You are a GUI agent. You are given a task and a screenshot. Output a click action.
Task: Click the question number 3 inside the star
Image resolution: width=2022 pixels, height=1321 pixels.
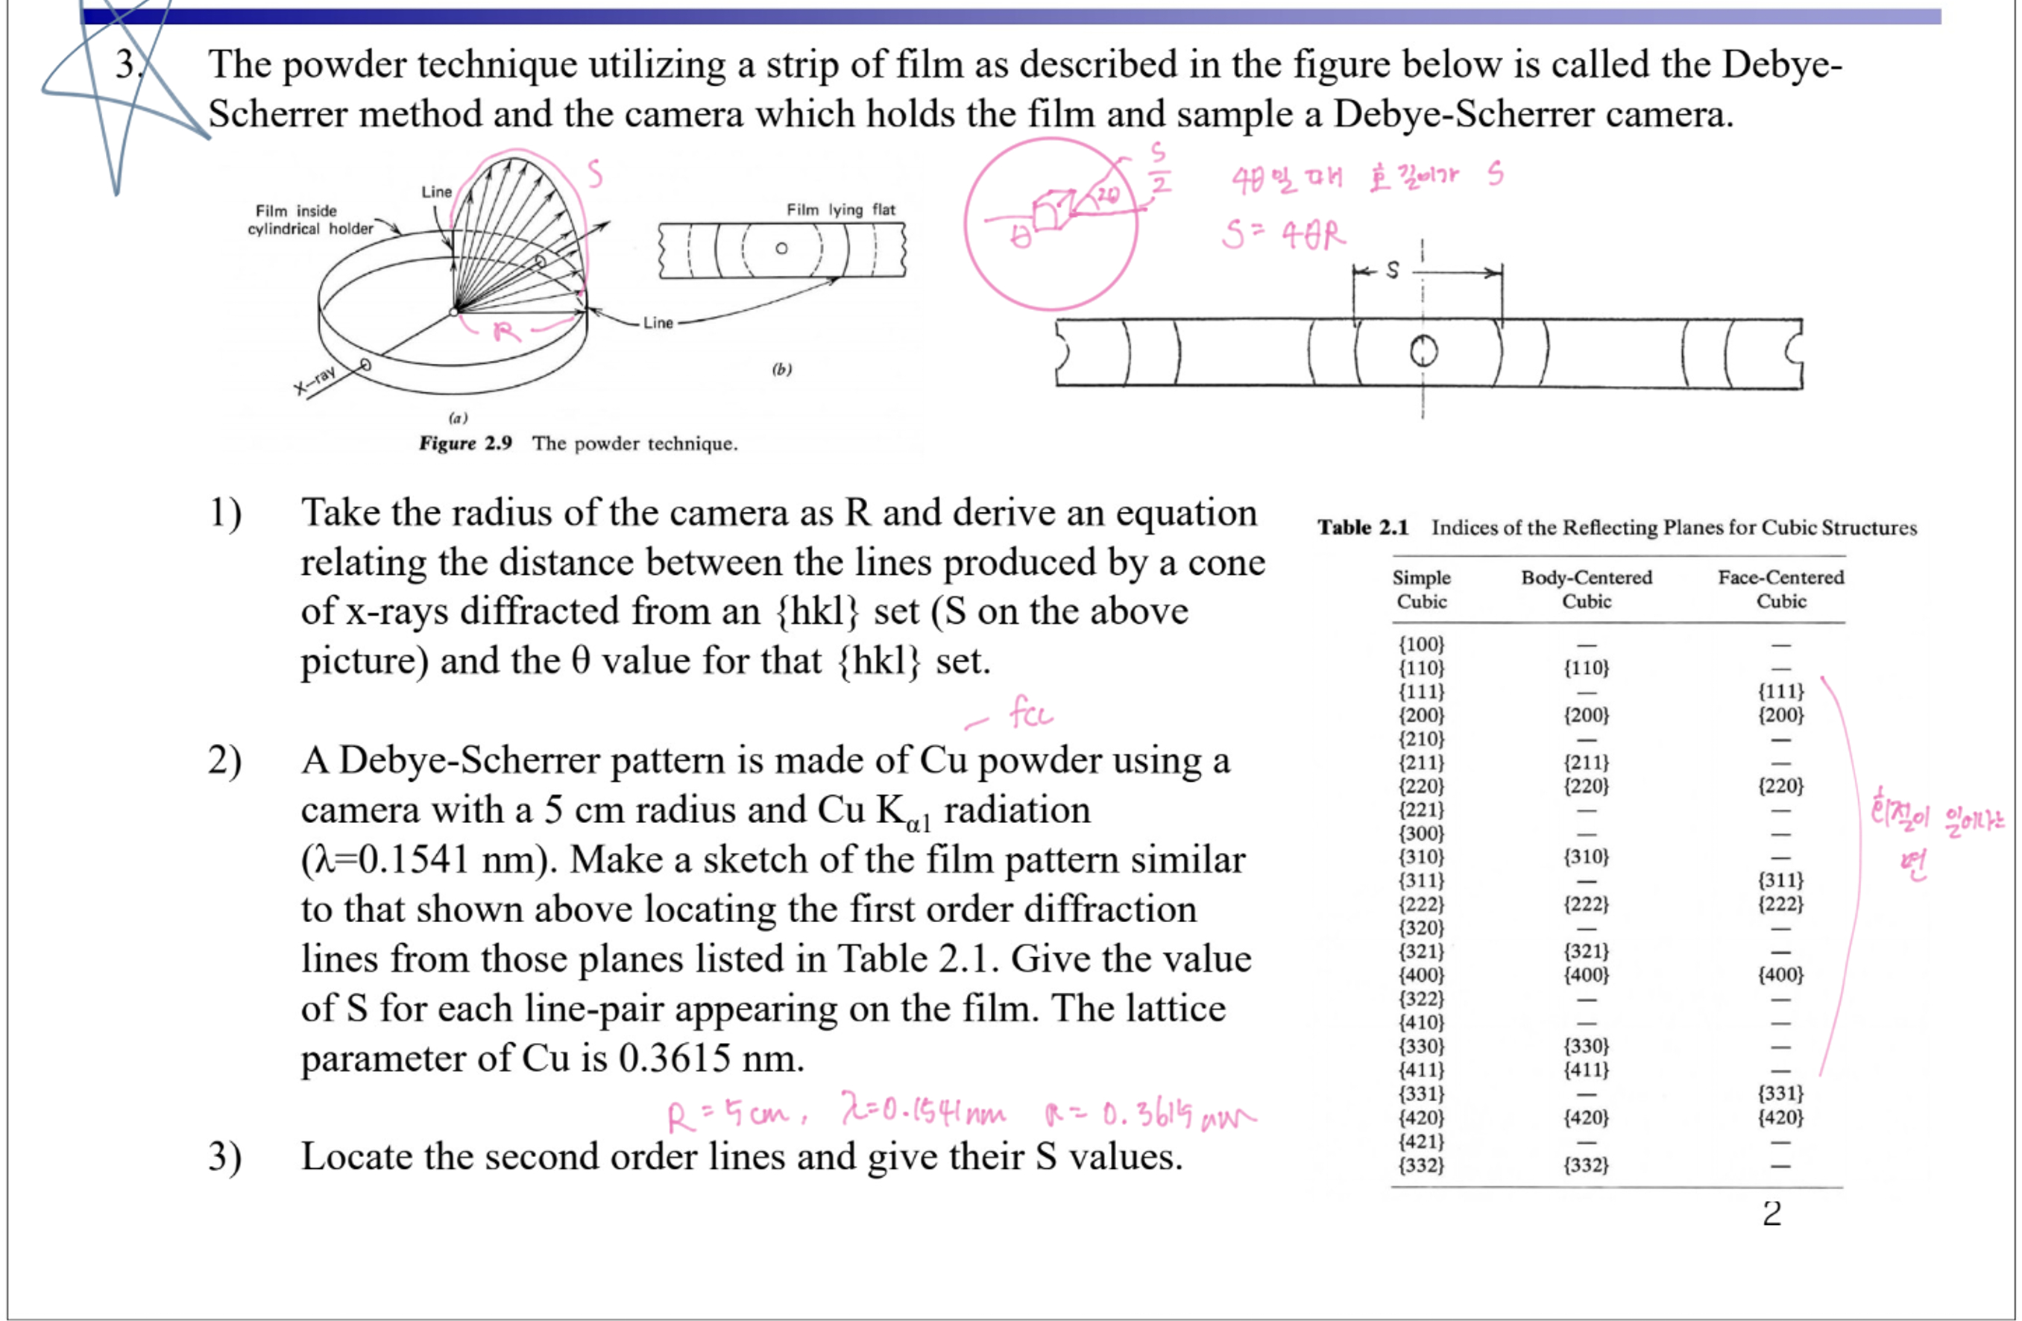(127, 66)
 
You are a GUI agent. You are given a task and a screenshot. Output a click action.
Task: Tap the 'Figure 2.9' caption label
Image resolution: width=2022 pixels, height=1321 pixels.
(464, 444)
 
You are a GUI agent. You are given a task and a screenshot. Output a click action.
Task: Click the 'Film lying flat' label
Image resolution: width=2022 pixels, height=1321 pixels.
(840, 209)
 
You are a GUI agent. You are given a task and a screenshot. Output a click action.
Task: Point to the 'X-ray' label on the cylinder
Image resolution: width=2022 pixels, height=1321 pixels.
(315, 381)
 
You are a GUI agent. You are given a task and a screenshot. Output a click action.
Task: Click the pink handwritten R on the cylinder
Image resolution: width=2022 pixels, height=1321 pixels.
(506, 330)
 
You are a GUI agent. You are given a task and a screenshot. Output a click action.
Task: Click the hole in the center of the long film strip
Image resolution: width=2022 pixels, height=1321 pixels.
(1423, 351)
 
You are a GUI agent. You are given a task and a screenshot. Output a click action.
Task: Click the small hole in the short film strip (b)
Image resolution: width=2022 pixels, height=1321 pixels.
(781, 249)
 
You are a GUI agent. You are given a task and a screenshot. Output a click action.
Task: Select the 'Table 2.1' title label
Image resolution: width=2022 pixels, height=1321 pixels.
(1362, 528)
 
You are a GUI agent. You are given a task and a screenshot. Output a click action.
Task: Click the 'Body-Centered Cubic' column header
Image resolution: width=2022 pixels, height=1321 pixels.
(1586, 589)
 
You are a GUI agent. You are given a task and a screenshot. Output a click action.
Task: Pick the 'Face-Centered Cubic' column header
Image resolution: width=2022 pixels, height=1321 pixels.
(1780, 589)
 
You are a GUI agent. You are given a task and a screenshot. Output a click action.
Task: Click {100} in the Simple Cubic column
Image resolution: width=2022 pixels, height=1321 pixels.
(1421, 644)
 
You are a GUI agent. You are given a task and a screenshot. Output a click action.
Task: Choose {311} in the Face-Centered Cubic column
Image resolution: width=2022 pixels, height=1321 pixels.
(1780, 880)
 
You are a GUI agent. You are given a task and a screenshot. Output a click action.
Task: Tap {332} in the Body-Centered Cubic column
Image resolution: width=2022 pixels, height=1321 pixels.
(1586, 1164)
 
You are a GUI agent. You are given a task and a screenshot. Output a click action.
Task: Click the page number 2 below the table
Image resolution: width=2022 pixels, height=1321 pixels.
(1771, 1213)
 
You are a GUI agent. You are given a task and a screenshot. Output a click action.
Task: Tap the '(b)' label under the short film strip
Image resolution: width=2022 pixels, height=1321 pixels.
(781, 369)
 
